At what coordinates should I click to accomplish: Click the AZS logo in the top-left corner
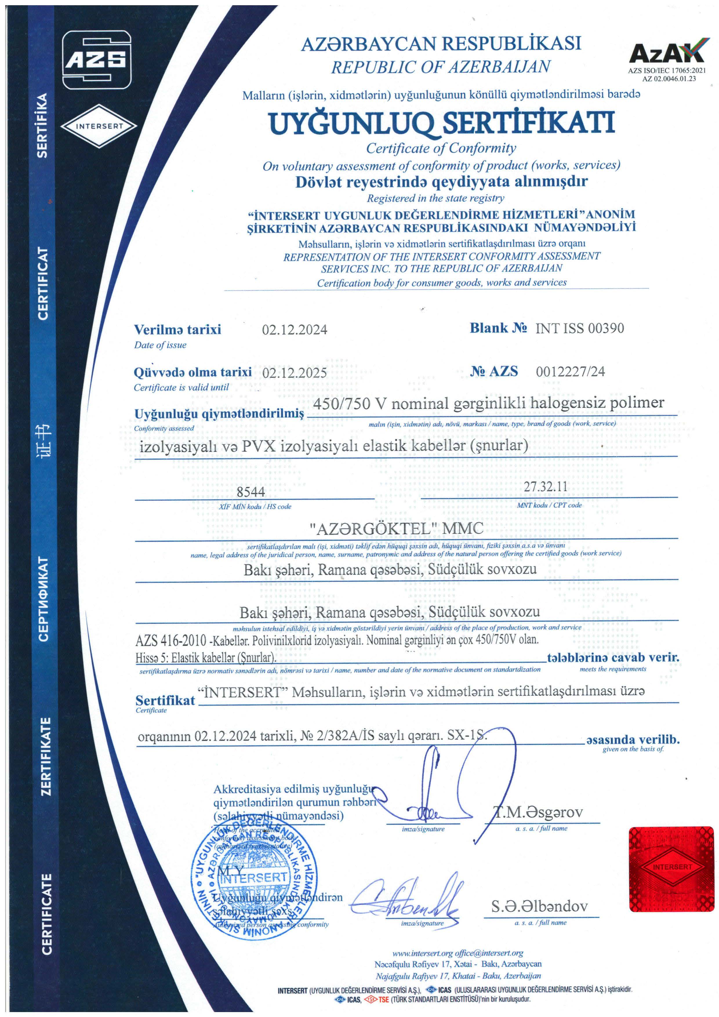[97, 60]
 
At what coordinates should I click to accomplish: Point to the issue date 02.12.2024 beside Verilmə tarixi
[295, 330]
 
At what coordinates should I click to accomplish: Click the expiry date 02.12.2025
[295, 373]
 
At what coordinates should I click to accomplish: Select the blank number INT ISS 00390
[580, 328]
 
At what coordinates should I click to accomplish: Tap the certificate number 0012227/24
[570, 371]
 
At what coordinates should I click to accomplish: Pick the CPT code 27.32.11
[545, 486]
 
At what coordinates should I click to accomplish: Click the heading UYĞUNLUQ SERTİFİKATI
[442, 123]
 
